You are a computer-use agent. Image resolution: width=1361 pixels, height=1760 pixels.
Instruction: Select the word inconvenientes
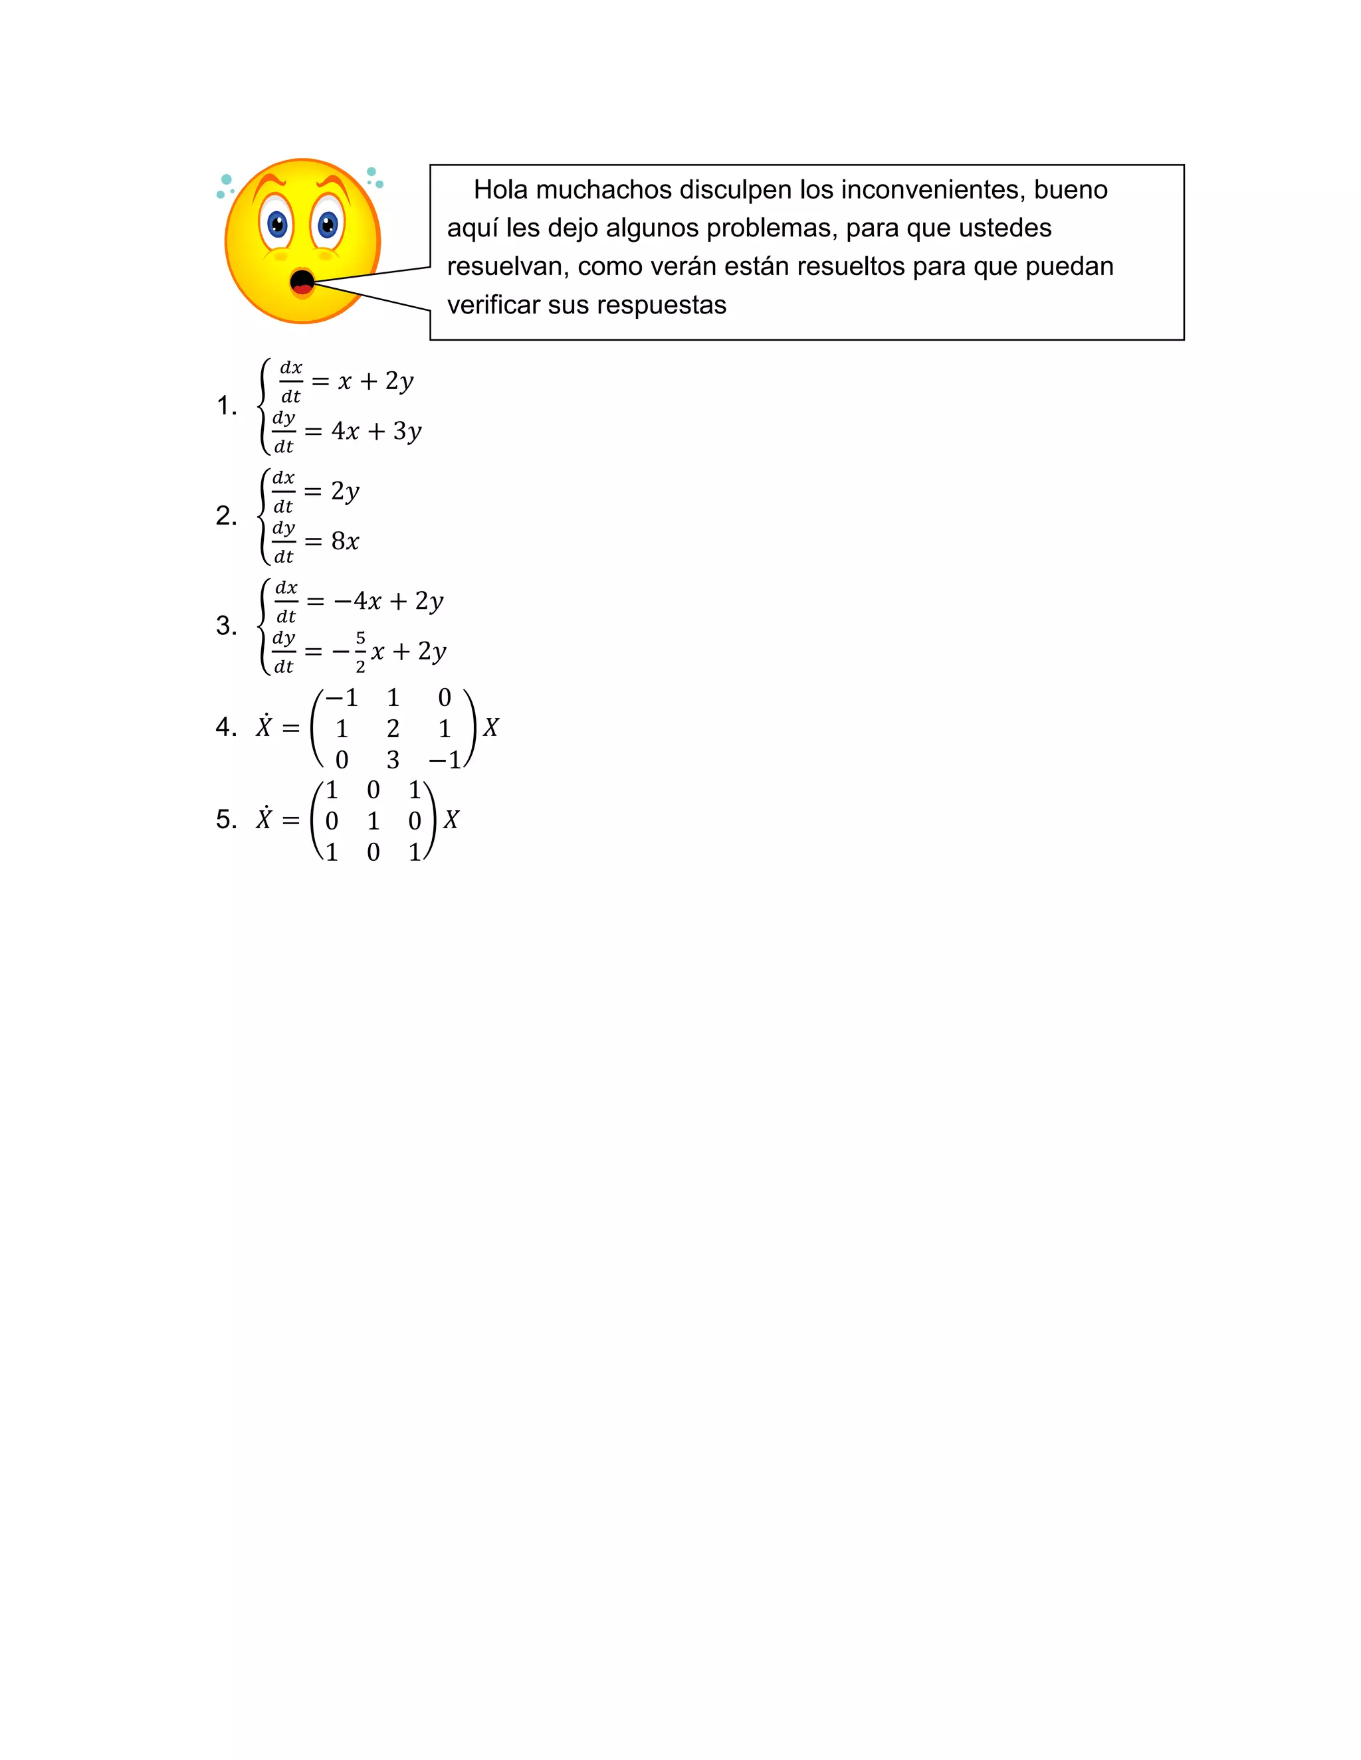click(912, 190)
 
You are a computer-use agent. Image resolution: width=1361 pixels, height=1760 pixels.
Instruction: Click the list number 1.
click(227, 406)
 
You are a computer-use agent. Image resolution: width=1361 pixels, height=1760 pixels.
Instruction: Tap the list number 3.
click(227, 626)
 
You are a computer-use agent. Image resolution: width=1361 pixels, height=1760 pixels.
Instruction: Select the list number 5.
click(227, 820)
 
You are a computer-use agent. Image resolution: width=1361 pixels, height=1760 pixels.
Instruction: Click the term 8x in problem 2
click(345, 541)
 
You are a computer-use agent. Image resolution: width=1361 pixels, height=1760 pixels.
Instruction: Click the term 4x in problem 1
click(345, 431)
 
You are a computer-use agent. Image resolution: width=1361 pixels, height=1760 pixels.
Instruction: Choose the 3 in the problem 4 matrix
click(393, 760)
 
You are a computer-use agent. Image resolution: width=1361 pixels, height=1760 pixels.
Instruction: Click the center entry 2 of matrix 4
click(393, 729)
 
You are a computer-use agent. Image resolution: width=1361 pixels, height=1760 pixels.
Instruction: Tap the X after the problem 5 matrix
click(451, 820)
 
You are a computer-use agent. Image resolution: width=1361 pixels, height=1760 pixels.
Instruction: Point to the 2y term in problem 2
click(345, 491)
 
